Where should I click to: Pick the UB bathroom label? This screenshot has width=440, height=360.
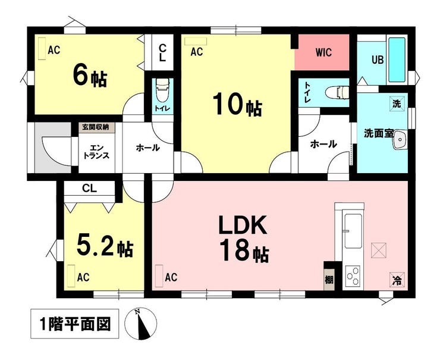click(x=377, y=60)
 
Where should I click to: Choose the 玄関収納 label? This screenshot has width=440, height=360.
click(x=95, y=127)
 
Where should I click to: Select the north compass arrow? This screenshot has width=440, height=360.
click(x=142, y=324)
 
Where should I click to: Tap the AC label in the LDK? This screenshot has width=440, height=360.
click(x=171, y=277)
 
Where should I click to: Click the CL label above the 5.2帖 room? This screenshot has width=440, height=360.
click(x=90, y=189)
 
